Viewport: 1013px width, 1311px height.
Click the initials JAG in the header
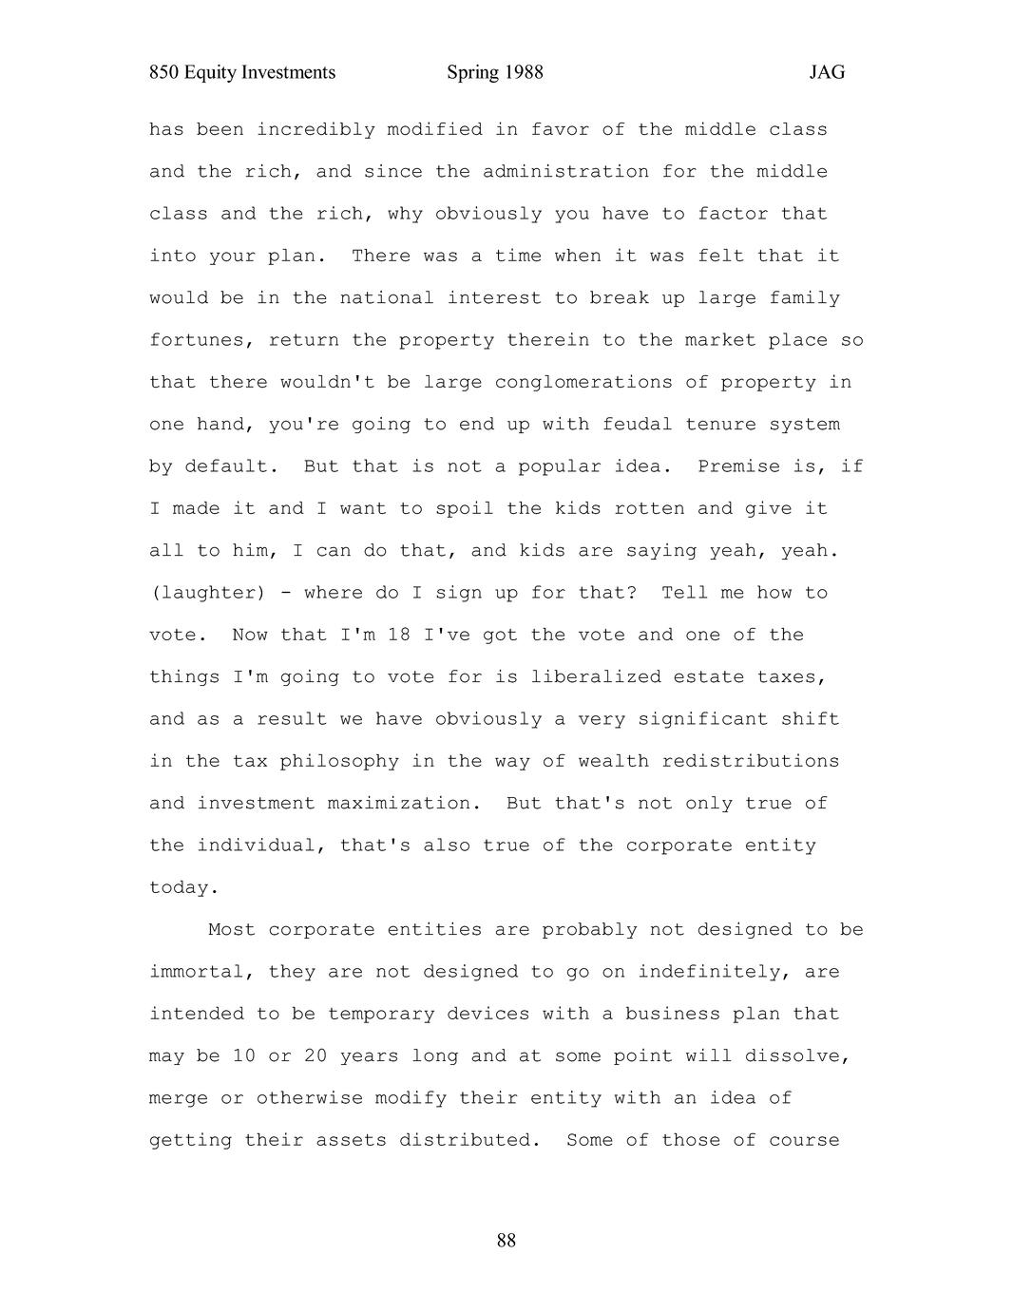pyautogui.click(x=827, y=73)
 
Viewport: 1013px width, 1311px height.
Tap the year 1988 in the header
pyautogui.click(x=523, y=73)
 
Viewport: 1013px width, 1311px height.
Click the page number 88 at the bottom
pyautogui.click(x=506, y=1241)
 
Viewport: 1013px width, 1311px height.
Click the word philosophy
pyautogui.click(x=339, y=762)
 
